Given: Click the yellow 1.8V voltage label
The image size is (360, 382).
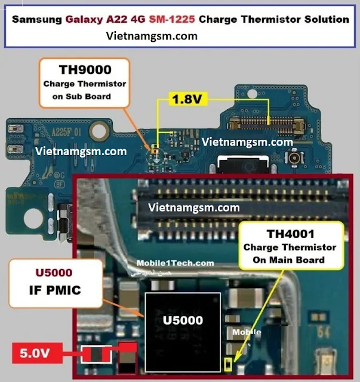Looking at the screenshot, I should click(187, 99).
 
